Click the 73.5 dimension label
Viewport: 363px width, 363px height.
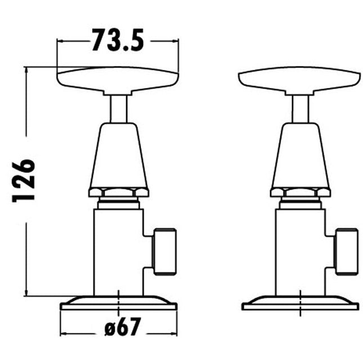point(118,40)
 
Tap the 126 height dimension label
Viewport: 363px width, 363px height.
point(24,181)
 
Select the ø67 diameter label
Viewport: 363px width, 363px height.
point(123,326)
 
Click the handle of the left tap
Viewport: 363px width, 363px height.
point(118,81)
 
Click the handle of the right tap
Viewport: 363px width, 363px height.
point(299,81)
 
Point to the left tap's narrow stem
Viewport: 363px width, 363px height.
point(119,109)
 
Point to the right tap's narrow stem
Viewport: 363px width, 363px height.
point(301,109)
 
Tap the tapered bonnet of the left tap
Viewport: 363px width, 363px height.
point(119,155)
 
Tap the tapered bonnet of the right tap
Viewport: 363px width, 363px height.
point(301,155)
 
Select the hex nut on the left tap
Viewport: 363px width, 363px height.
point(119,192)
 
